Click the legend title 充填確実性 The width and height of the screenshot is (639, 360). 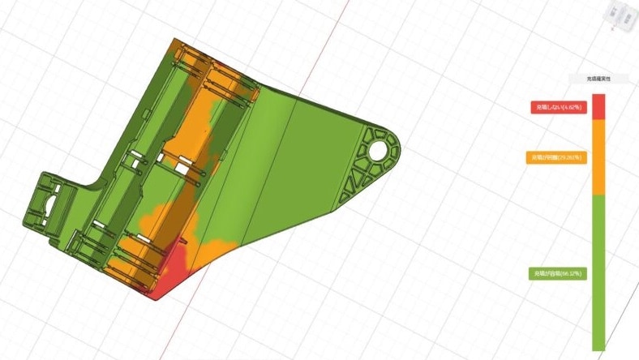(598, 79)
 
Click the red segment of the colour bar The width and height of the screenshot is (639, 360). (598, 106)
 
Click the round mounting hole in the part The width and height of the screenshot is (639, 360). (378, 150)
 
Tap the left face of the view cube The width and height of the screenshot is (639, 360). (616, 14)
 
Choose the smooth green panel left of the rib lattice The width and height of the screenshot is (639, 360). (300, 162)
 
